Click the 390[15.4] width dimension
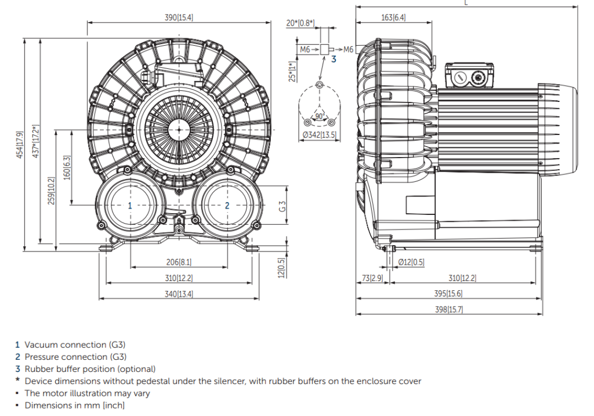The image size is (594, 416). (x=179, y=17)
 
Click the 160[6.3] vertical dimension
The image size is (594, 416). (x=67, y=167)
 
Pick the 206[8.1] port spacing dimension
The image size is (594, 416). (x=179, y=262)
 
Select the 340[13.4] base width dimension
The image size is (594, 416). (x=178, y=294)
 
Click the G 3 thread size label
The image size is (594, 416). (x=281, y=206)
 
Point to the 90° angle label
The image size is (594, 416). (x=319, y=115)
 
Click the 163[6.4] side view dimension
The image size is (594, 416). (x=393, y=17)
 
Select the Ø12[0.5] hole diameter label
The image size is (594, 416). (x=411, y=262)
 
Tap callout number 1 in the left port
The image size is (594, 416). (x=130, y=205)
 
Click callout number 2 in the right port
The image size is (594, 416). (x=227, y=205)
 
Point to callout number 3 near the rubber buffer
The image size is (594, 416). (x=334, y=59)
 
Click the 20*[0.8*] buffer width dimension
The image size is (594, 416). (x=300, y=23)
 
